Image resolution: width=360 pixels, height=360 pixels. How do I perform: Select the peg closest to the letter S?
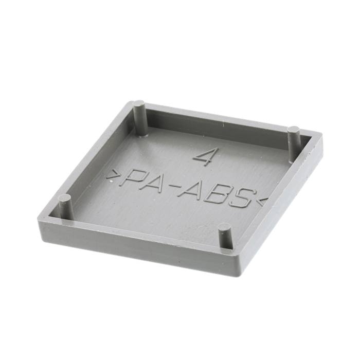tap(225, 237)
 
